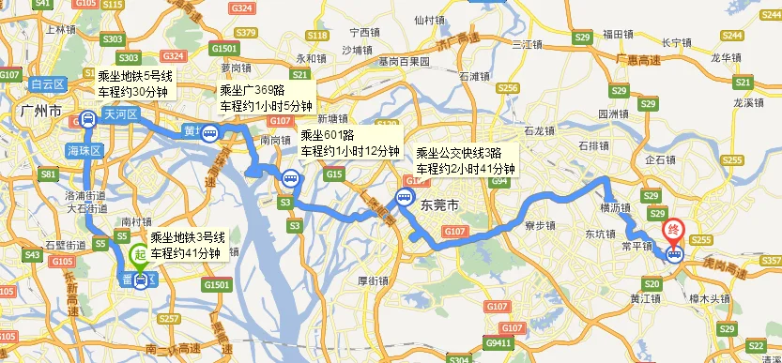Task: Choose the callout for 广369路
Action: tap(267, 98)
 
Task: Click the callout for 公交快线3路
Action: tap(466, 160)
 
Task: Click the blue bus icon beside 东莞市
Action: tap(405, 198)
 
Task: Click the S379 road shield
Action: tap(246, 33)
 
